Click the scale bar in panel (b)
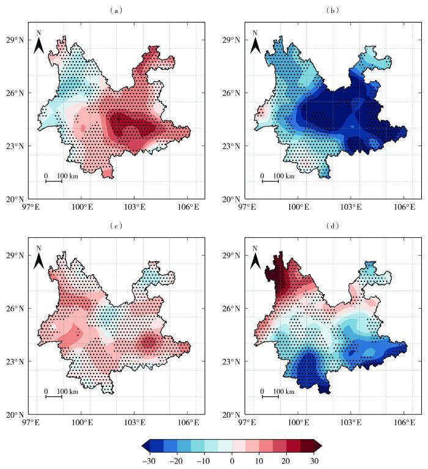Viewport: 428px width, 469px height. coord(270,181)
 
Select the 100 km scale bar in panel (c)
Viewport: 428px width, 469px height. coord(54,396)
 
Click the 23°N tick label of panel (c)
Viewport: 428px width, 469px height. coord(13,361)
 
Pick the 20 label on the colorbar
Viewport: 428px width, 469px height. coord(286,460)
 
